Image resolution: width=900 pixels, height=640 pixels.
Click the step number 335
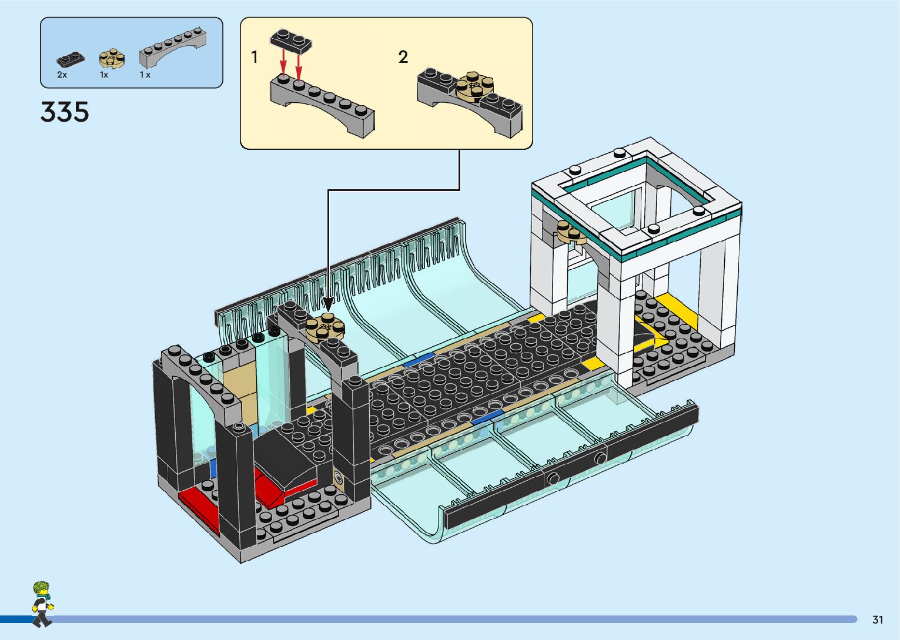click(x=65, y=112)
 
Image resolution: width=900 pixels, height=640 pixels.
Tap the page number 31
click(x=878, y=619)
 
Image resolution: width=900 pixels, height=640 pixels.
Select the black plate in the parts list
click(x=70, y=59)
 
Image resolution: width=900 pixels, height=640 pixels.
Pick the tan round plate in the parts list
click(x=111, y=58)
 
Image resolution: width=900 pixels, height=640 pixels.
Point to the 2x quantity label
click(x=62, y=75)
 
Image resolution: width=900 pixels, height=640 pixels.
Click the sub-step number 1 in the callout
click(x=255, y=57)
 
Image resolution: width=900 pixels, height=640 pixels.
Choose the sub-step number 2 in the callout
click(x=403, y=57)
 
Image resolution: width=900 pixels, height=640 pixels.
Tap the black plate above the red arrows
click(x=290, y=41)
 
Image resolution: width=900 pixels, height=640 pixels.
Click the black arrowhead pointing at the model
click(x=328, y=304)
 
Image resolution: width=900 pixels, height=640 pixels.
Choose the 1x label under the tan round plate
click(x=104, y=75)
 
